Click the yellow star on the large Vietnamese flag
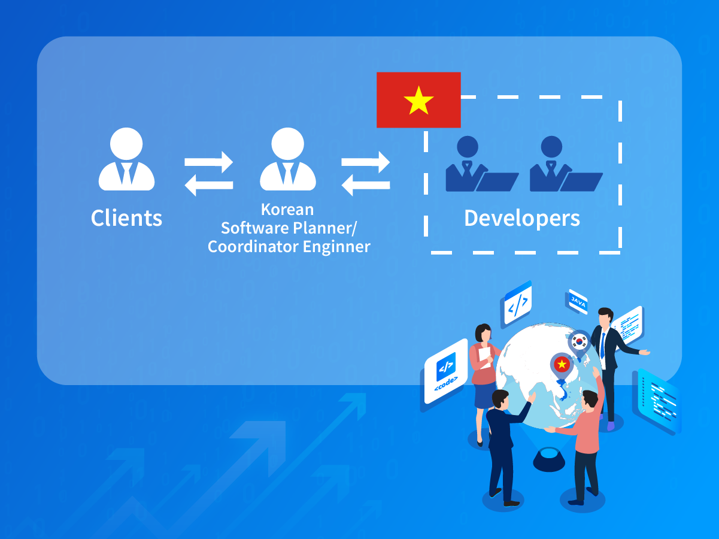(418, 101)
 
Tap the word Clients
(126, 218)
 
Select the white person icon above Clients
(126, 159)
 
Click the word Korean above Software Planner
(287, 210)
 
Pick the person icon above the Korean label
(288, 159)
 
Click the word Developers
(521, 218)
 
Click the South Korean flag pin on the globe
(579, 342)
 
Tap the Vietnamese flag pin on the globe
(562, 364)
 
